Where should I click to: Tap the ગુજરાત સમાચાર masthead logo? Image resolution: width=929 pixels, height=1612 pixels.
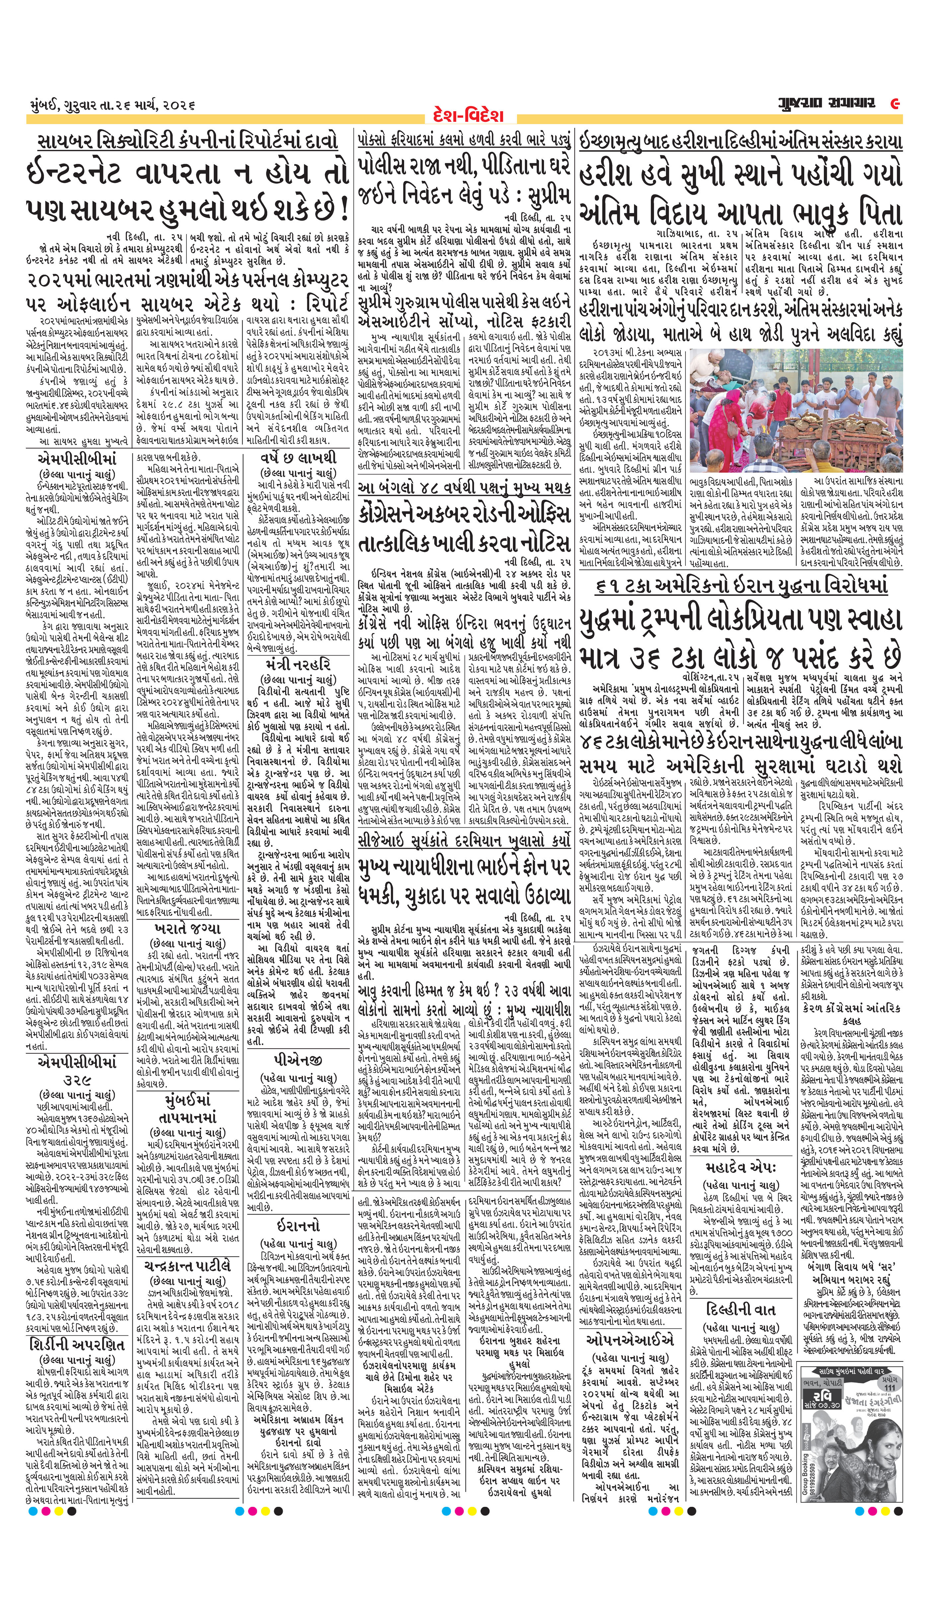[x=825, y=103]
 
